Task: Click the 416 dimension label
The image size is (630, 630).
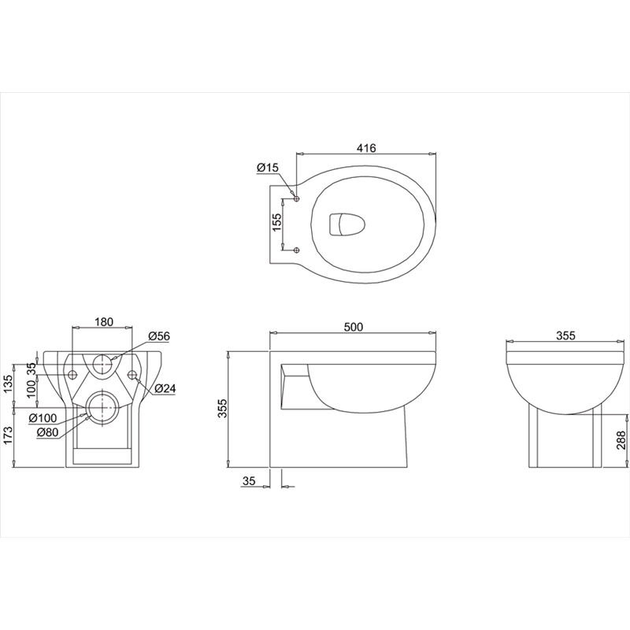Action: [x=366, y=148]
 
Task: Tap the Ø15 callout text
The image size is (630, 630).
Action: [x=268, y=168]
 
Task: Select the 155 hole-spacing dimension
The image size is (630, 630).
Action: [x=277, y=222]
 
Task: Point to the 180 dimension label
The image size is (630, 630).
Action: [x=104, y=322]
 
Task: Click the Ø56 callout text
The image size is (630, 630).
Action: [x=159, y=336]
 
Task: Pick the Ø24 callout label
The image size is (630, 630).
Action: [x=165, y=388]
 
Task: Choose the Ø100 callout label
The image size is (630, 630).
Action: [x=43, y=418]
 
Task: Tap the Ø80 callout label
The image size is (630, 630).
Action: [x=47, y=432]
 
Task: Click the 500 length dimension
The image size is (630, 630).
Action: [x=354, y=327]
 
